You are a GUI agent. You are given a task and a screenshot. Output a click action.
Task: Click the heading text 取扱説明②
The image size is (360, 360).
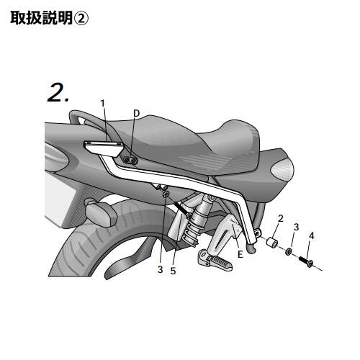pos(49,18)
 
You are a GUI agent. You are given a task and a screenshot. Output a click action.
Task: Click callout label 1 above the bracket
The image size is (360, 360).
pos(103,104)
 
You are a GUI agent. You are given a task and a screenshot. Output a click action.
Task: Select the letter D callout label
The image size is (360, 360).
pos(136,113)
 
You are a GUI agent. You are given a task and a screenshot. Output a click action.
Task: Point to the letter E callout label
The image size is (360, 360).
pos(240,254)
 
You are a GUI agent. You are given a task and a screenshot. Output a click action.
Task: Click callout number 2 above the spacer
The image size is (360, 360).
pos(281,218)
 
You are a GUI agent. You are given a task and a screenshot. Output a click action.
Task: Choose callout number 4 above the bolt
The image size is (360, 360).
pos(311,235)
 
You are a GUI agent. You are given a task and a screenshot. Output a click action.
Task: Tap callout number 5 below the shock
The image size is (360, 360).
pos(173,271)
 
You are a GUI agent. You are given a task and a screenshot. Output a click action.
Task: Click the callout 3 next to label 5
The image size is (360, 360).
pos(161,269)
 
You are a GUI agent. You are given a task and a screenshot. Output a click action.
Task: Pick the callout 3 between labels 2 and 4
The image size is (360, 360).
pos(297,227)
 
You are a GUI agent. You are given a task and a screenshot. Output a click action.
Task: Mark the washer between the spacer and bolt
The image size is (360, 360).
pos(288,251)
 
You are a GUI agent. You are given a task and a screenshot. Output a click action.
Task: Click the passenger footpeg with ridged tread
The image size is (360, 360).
pos(215,260)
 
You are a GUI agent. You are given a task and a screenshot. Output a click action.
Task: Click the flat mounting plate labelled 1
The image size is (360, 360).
pos(103,148)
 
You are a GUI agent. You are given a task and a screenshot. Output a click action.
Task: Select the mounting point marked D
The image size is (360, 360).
pos(131,160)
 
